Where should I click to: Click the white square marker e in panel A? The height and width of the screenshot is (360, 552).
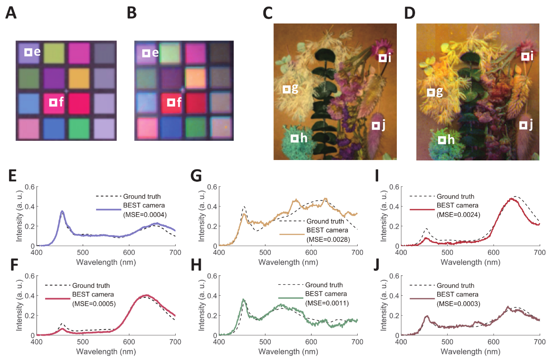[x=28, y=52]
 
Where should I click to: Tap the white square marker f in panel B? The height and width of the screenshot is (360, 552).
[x=171, y=103]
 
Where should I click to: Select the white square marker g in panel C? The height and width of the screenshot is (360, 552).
[x=286, y=89]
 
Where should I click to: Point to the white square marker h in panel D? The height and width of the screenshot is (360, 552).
[x=442, y=140]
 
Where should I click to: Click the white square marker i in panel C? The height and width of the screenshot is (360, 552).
[x=382, y=58]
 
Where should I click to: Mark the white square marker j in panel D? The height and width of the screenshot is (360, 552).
[x=524, y=125]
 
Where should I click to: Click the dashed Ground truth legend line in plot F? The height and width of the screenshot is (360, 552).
[x=57, y=286]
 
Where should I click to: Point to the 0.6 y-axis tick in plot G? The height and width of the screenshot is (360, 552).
[x=210, y=187]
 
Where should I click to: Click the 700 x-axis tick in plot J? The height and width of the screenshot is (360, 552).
[x=540, y=342]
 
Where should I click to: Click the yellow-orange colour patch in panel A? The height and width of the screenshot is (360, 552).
[x=79, y=78]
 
